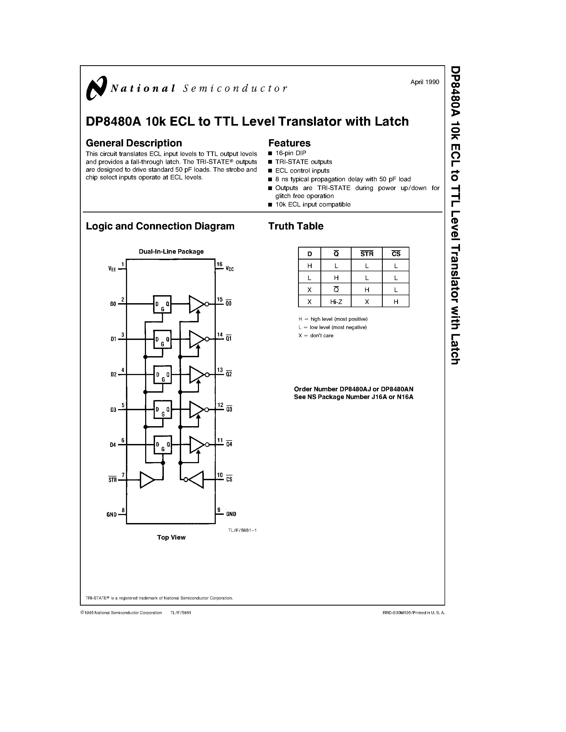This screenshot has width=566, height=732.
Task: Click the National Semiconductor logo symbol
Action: point(96,88)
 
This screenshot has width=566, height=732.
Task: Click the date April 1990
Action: point(425,82)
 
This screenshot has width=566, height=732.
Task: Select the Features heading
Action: point(289,143)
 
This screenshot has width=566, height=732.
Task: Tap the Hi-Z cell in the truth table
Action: point(336,302)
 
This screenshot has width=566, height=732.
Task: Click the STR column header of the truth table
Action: point(367,254)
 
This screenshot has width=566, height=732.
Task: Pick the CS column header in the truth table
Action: point(396,254)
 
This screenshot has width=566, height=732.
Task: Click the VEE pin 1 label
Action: point(112,269)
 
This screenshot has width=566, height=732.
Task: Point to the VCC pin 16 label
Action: point(230,269)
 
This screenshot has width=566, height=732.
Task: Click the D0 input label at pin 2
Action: point(113,304)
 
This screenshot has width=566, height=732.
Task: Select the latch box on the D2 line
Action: point(162,374)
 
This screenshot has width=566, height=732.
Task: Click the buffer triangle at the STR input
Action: point(147,480)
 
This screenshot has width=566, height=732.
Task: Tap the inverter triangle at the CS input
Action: point(196,480)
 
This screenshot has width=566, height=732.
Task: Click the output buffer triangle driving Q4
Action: point(197,445)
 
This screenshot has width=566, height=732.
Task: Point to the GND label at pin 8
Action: point(112,515)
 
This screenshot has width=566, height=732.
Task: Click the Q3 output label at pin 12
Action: point(229,409)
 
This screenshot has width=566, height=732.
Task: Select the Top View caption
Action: point(171,537)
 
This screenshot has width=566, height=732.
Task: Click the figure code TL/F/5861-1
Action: point(242,530)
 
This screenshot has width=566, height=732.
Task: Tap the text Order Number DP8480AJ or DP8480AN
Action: point(353,389)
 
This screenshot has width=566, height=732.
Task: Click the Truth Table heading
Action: point(295,226)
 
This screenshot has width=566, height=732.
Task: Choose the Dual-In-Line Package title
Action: point(171,251)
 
